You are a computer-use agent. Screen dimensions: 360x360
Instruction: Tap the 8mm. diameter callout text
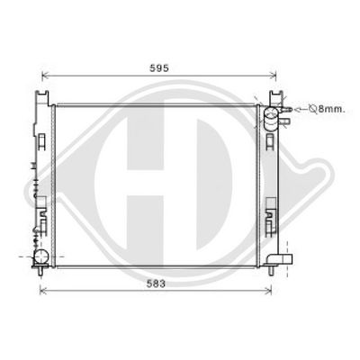[330, 109]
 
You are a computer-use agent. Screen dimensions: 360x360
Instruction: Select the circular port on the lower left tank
[40, 260]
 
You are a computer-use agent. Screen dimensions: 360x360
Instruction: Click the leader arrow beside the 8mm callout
[300, 109]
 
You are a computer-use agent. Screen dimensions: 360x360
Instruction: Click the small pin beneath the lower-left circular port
[40, 274]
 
